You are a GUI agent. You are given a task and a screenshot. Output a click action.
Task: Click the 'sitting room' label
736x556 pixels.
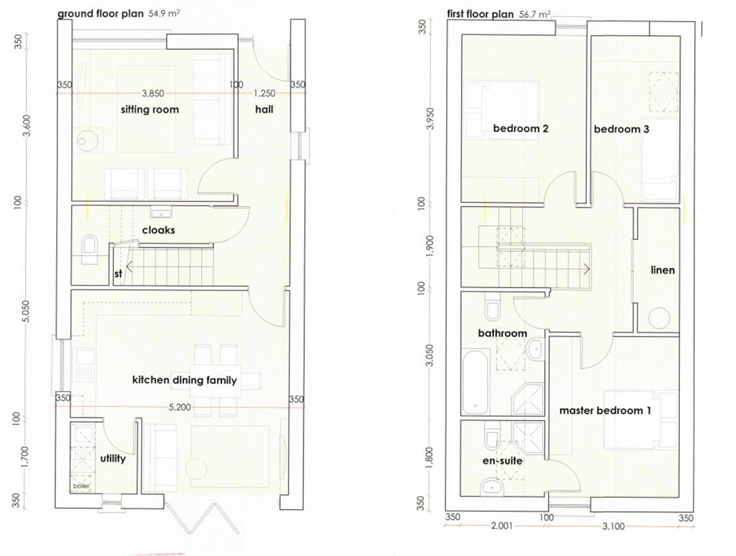[150, 109]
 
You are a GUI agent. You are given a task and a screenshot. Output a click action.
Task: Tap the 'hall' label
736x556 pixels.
[264, 109]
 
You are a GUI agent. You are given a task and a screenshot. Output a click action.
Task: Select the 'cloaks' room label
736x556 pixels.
[159, 230]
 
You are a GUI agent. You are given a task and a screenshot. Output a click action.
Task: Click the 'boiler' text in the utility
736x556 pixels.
[82, 486]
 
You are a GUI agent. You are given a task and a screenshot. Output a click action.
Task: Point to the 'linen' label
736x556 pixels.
[663, 270]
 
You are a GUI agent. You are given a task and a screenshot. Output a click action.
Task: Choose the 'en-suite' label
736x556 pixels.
[503, 460]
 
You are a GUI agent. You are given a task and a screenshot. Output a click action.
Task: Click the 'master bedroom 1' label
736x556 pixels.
[605, 410]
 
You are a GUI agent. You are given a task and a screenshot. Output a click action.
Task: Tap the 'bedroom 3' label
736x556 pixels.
[621, 129]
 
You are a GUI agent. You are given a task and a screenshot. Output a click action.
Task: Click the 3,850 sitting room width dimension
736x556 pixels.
[153, 94]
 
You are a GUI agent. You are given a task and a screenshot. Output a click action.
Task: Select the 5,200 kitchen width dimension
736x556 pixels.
[180, 407]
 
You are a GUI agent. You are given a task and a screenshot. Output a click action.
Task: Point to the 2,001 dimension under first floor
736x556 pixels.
[502, 526]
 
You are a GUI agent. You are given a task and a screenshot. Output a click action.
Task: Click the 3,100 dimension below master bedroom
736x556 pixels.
[613, 526]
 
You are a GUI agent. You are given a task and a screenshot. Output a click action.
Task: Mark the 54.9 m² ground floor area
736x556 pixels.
[164, 13]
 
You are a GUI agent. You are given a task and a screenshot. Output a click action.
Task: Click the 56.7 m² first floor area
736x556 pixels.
[535, 14]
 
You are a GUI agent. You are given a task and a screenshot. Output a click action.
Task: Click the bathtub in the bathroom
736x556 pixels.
[475, 382]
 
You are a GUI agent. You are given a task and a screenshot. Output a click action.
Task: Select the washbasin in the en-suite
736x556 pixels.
[491, 487]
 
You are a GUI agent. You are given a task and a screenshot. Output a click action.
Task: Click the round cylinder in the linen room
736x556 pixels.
[659, 318]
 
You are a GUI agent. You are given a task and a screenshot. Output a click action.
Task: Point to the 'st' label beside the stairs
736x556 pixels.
[118, 273]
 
